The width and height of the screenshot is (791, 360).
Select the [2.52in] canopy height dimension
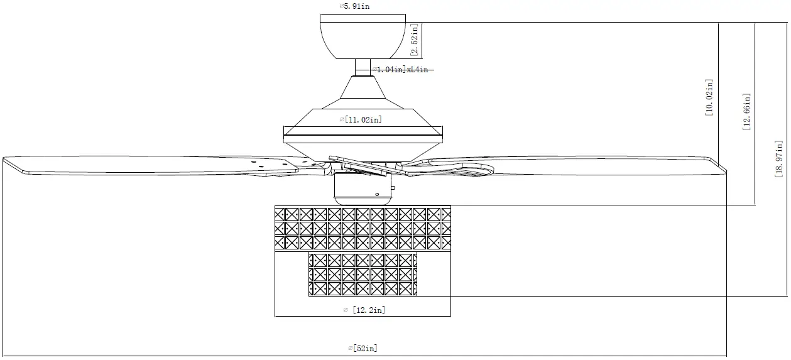click(x=415, y=40)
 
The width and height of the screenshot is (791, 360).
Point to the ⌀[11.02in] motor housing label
click(x=361, y=119)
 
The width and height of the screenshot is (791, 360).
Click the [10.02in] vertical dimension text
click(x=709, y=97)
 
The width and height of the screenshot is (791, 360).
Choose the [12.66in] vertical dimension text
click(x=746, y=112)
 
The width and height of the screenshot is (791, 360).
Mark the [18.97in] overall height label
click(x=780, y=160)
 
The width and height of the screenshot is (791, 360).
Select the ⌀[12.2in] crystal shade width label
click(x=364, y=309)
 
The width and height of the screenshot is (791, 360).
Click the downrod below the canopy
click(x=363, y=67)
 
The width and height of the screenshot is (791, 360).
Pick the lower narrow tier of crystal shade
click(x=363, y=275)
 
